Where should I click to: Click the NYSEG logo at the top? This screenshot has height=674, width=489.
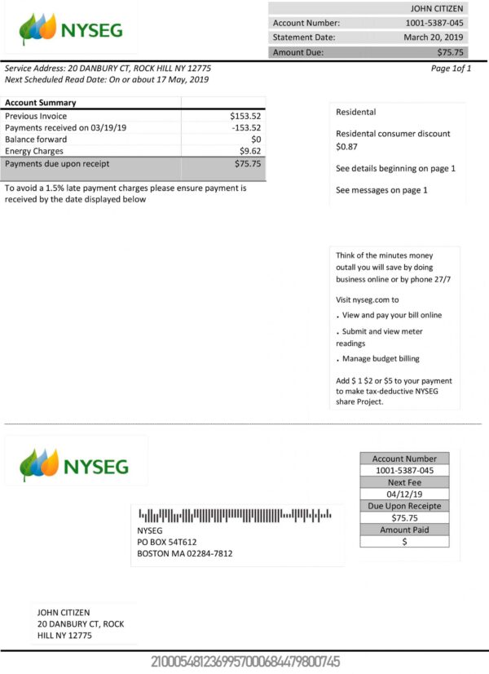pyautogui.click(x=71, y=31)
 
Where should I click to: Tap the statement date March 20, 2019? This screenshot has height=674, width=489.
pyautogui.click(x=434, y=38)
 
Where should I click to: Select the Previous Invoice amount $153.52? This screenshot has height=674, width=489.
pyautogui.click(x=245, y=116)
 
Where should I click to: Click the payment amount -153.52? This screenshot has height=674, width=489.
pyautogui.click(x=246, y=127)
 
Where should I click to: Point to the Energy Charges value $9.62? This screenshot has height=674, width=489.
pyautogui.click(x=250, y=151)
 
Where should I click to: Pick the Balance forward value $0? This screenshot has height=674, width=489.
pyautogui.click(x=255, y=140)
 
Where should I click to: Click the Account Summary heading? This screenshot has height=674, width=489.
pyautogui.click(x=41, y=103)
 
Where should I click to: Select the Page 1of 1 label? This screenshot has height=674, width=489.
pyautogui.click(x=451, y=69)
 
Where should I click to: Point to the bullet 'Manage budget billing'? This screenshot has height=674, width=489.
pyautogui.click(x=381, y=359)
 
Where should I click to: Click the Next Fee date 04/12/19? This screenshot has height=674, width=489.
pyautogui.click(x=404, y=494)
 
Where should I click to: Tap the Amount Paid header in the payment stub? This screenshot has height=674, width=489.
pyautogui.click(x=404, y=530)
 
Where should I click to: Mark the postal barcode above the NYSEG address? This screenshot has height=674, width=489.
pyautogui.click(x=235, y=515)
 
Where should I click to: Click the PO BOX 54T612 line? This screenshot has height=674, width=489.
pyautogui.click(x=167, y=542)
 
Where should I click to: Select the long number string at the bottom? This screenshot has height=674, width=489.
pyautogui.click(x=244, y=661)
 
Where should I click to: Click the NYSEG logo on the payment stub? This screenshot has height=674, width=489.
pyautogui.click(x=75, y=466)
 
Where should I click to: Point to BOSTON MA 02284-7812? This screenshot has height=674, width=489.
pyautogui.click(x=185, y=553)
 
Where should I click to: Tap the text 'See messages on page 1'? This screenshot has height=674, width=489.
pyautogui.click(x=381, y=190)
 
